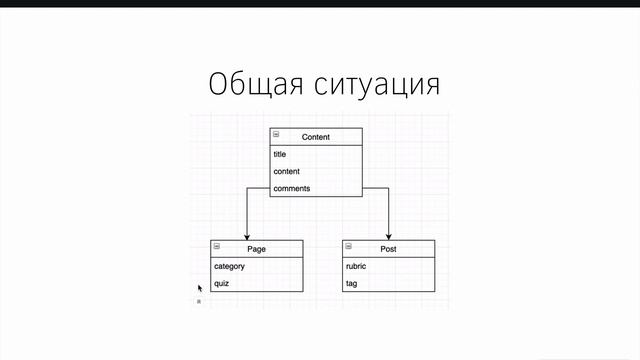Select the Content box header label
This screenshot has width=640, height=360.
pyautogui.click(x=315, y=137)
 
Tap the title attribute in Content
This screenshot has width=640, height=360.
pyautogui.click(x=280, y=155)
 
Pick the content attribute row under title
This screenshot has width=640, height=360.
pyautogui.click(x=287, y=172)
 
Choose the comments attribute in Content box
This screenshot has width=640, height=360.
pyautogui.click(x=291, y=188)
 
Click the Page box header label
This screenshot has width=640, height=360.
pyautogui.click(x=256, y=248)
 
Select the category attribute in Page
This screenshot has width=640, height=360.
pyautogui.click(x=229, y=266)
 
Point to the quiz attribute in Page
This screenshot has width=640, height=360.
pyautogui.click(x=222, y=283)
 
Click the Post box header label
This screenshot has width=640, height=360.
pyautogui.click(x=388, y=248)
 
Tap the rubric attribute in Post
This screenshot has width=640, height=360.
pyautogui.click(x=357, y=266)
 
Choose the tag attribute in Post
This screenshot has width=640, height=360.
pyautogui.click(x=352, y=283)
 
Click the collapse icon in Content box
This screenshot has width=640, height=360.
pyautogui.click(x=276, y=135)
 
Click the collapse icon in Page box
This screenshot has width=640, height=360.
pyautogui.click(x=216, y=246)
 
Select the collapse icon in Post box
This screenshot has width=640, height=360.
pyautogui.click(x=349, y=246)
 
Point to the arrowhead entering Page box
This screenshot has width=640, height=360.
pyautogui.click(x=246, y=235)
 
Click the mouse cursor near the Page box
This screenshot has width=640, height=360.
pyautogui.click(x=200, y=288)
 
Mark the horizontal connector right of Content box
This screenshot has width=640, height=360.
pyautogui.click(x=375, y=188)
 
